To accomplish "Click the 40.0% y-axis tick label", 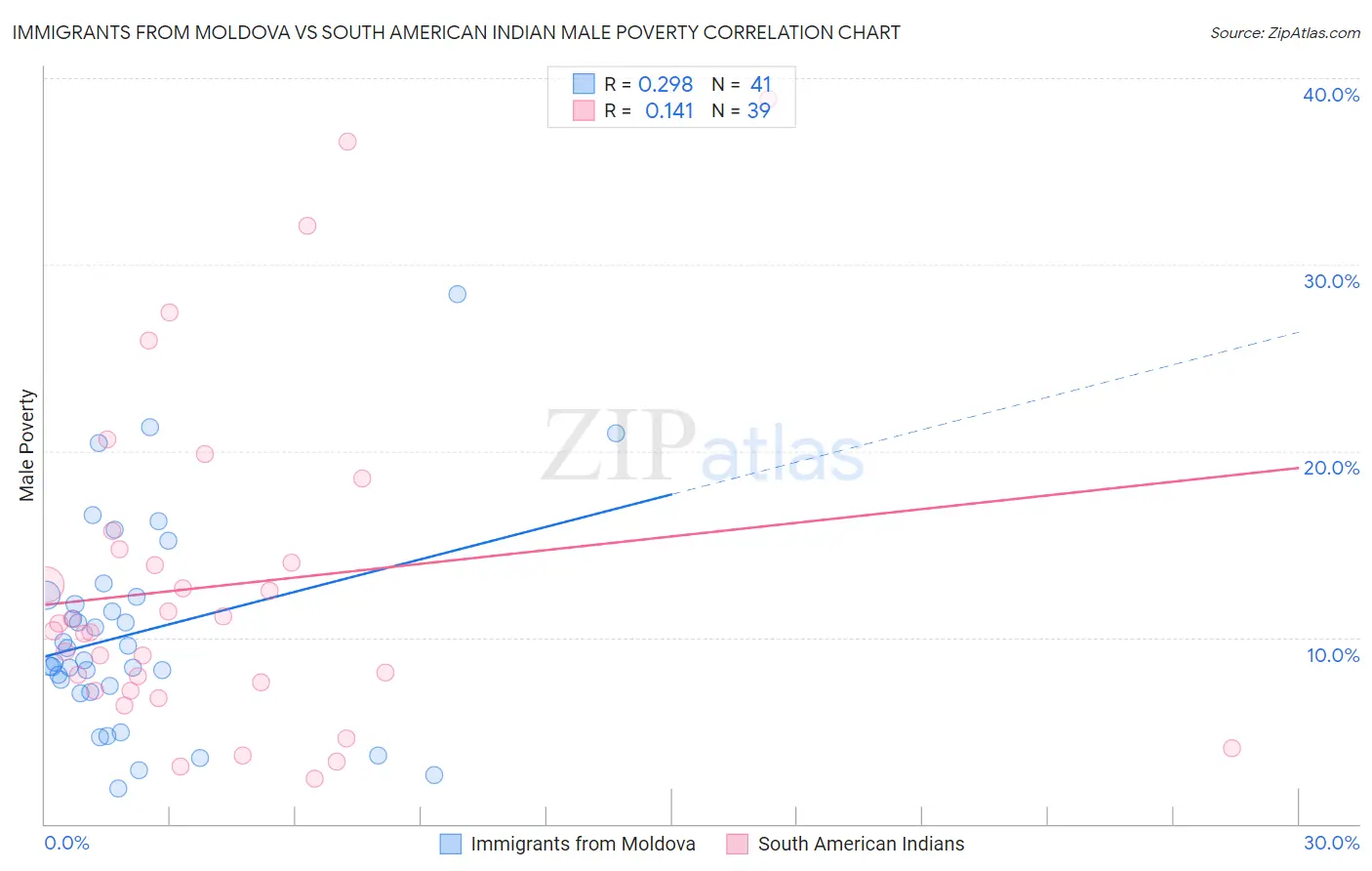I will (x=1331, y=95).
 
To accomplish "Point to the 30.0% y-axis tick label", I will (x=1331, y=281).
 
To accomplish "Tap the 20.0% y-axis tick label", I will (x=1331, y=468).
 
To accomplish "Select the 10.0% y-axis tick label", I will (x=1333, y=655).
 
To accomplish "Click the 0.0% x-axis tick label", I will (x=66, y=843).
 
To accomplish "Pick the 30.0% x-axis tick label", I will (x=1331, y=843).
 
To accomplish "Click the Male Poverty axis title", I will (x=27, y=445).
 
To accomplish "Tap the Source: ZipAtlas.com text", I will (x=1284, y=32).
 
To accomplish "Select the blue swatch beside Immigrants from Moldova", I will (x=450, y=844).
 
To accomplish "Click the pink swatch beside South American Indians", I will (x=737, y=844).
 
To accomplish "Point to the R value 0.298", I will (x=666, y=84).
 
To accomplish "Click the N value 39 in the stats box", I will (x=758, y=110).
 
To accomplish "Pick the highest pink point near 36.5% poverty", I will (x=347, y=142).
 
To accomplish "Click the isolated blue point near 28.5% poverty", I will (x=457, y=294).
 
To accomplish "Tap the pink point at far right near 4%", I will (x=1231, y=748).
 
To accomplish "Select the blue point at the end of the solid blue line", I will (x=616, y=434).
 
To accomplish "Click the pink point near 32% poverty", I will (x=307, y=226).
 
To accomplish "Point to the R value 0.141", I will (x=668, y=110).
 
